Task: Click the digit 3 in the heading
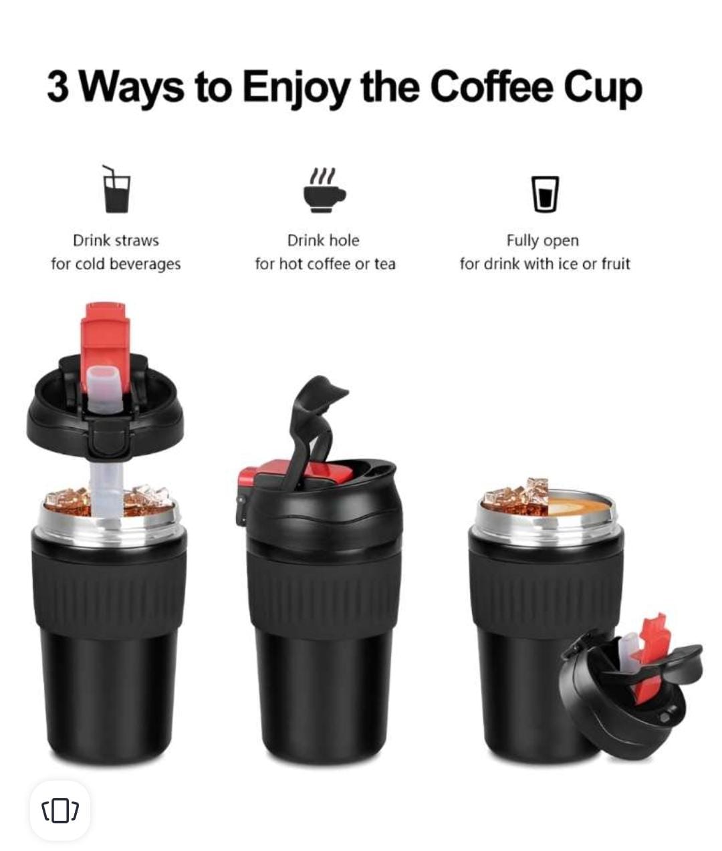[57, 87]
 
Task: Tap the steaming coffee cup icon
[324, 191]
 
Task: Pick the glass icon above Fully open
[545, 194]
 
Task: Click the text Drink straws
[116, 240]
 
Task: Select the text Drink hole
[324, 240]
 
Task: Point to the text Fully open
[542, 240]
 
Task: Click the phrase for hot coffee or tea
[325, 264]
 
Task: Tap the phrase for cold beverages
[116, 264]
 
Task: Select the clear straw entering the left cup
[106, 488]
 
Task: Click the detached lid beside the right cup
[628, 695]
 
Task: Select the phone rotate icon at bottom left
[59, 810]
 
